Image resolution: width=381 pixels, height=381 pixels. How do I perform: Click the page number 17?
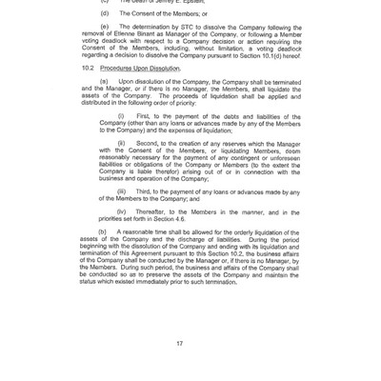pyautogui.click(x=178, y=343)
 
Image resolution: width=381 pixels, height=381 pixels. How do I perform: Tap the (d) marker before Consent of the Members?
pyautogui.click(x=105, y=12)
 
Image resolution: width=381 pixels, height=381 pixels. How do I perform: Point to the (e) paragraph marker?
pyautogui.click(x=105, y=27)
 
